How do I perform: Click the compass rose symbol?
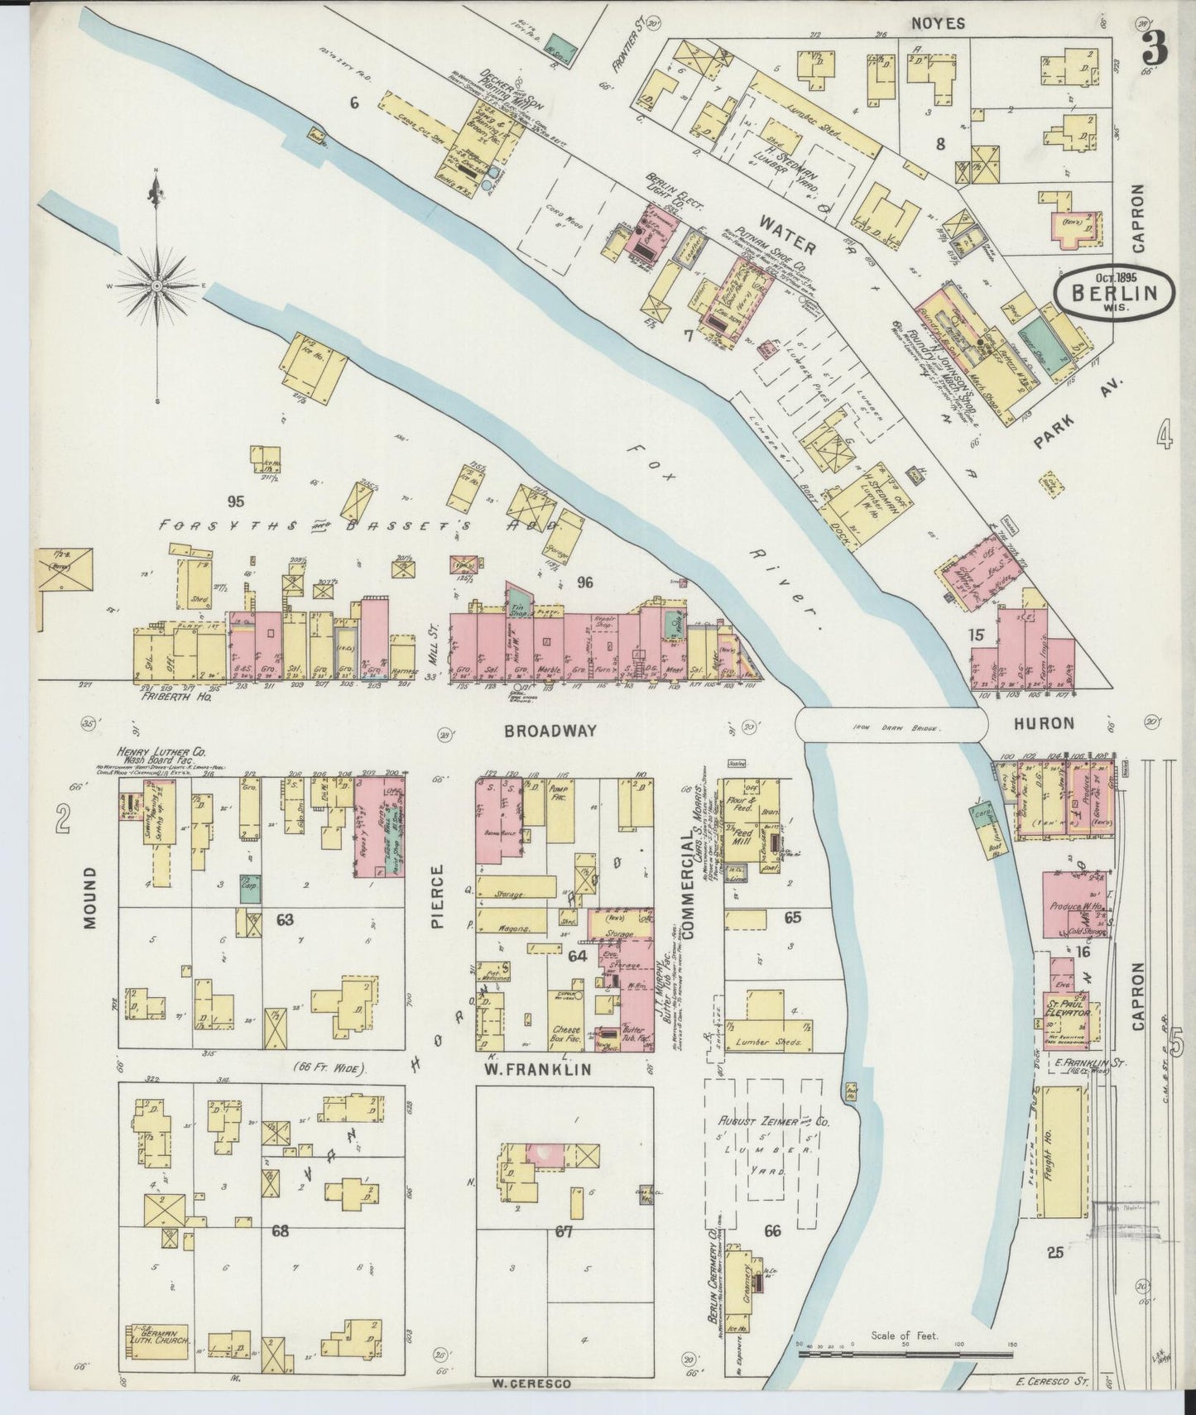156,285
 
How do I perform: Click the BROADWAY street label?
550,731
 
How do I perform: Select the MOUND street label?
90,897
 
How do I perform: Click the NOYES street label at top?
938,24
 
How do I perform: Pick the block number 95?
236,501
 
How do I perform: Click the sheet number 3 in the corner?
1154,50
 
